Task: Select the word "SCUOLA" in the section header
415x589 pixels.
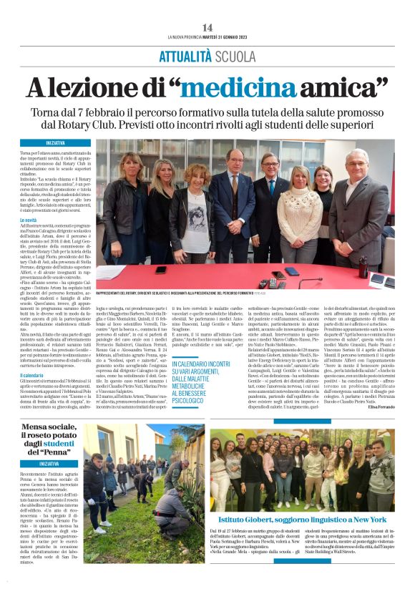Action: (237, 55)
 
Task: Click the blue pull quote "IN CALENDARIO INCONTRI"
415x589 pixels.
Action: (200, 365)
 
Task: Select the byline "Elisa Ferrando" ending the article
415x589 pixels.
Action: (379, 407)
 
